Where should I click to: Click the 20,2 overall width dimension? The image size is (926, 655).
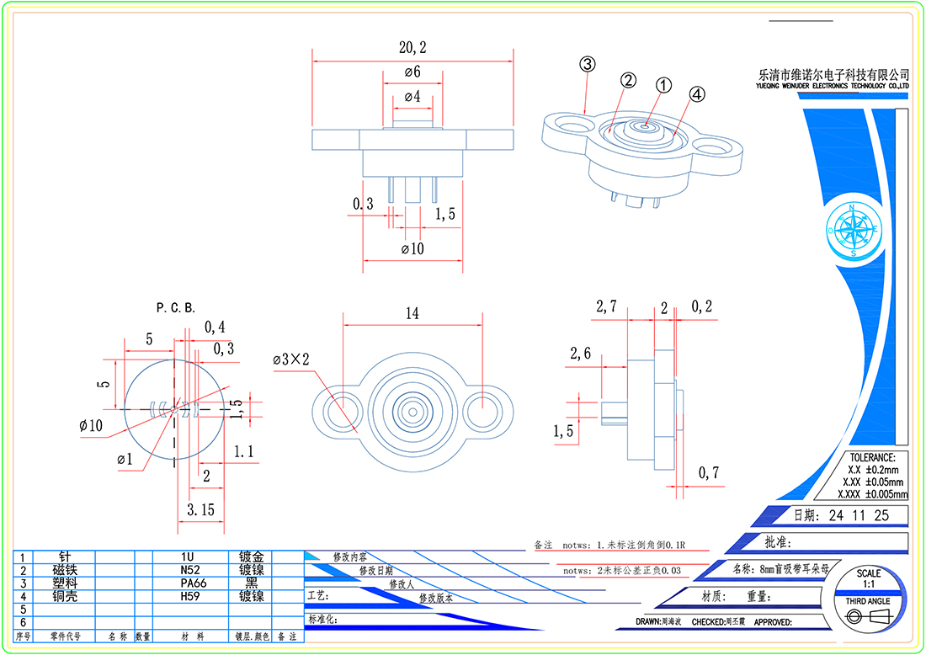(412, 48)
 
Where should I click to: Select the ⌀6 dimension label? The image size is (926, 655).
(412, 72)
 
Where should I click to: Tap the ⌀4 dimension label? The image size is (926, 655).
(412, 97)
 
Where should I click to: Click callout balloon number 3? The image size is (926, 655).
(587, 64)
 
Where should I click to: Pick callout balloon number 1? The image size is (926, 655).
(663, 85)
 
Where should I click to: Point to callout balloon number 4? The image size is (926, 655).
(697, 95)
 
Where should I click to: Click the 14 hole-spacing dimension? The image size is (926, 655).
(412, 314)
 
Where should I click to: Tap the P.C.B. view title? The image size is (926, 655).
(176, 307)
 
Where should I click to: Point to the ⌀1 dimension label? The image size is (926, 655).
(125, 459)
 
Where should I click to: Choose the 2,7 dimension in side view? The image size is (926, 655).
(607, 307)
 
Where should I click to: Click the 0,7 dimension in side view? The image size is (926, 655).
(709, 473)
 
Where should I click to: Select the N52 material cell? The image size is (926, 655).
(189, 570)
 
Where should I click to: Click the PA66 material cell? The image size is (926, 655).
(189, 583)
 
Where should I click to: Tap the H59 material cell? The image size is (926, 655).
(189, 596)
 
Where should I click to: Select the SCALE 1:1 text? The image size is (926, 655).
(869, 578)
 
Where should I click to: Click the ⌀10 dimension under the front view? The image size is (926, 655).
(412, 249)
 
